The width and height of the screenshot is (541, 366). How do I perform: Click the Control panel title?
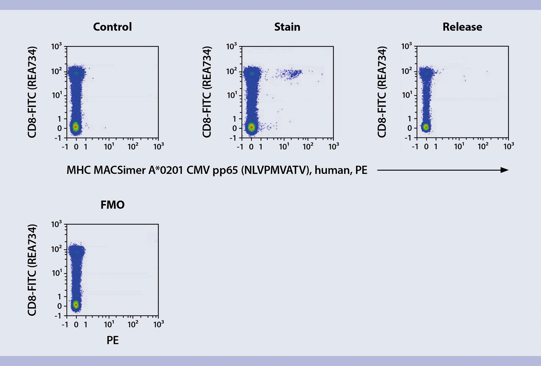(x=112, y=27)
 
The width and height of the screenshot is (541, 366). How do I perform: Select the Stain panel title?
(x=287, y=27)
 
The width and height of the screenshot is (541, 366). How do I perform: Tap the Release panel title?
(x=462, y=27)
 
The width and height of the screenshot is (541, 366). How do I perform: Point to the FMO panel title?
(x=112, y=205)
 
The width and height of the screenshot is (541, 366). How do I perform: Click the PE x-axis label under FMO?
(x=112, y=340)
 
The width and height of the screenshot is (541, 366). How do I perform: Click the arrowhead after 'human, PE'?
(x=504, y=170)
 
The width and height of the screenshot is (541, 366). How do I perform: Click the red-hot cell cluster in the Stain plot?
(x=252, y=127)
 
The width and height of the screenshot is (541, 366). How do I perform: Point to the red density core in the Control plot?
(x=76, y=127)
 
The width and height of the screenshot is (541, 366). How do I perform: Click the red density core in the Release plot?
(x=426, y=127)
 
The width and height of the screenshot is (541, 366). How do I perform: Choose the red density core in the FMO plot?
(x=76, y=305)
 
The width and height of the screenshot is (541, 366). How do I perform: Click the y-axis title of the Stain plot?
(x=207, y=92)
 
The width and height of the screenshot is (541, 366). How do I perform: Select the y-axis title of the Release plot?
(x=382, y=92)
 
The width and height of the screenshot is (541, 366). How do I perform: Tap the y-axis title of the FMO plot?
(x=32, y=270)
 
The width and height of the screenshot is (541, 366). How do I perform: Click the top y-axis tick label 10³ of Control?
(x=56, y=46)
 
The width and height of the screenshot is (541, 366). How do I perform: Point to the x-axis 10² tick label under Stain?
(x=308, y=146)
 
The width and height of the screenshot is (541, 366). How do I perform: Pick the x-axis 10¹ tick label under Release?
(x=459, y=146)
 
